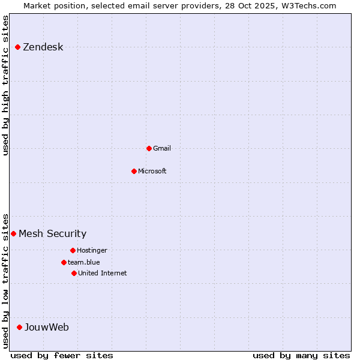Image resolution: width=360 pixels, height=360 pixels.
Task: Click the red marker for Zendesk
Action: (x=18, y=47)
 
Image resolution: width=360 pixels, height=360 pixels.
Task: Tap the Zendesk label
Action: (x=43, y=47)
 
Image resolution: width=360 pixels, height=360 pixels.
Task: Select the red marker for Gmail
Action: (x=149, y=148)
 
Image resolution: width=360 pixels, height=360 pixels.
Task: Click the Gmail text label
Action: (x=161, y=148)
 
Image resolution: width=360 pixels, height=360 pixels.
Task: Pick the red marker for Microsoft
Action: (x=134, y=171)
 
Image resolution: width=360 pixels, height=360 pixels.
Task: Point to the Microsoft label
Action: (x=152, y=171)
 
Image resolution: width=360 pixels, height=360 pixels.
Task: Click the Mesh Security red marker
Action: (x=13, y=233)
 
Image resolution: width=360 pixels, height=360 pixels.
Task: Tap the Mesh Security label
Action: (x=52, y=234)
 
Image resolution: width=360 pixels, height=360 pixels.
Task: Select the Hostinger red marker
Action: (x=73, y=250)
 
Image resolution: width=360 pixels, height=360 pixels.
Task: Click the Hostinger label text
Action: (x=92, y=250)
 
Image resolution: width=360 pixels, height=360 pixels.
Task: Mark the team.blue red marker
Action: (x=64, y=262)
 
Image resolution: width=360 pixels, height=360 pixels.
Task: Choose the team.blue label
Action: (x=83, y=262)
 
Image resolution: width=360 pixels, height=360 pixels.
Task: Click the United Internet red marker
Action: (x=74, y=273)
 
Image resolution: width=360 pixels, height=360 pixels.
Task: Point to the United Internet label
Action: (x=102, y=273)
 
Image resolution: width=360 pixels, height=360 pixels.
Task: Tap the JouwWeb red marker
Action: (x=20, y=327)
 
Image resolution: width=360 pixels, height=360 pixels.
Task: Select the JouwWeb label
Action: (x=46, y=327)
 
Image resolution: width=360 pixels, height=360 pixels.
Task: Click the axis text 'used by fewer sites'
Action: (x=62, y=355)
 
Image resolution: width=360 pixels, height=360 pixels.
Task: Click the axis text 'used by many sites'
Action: (x=301, y=355)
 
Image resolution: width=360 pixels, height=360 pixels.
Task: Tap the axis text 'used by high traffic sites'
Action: (x=6, y=85)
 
